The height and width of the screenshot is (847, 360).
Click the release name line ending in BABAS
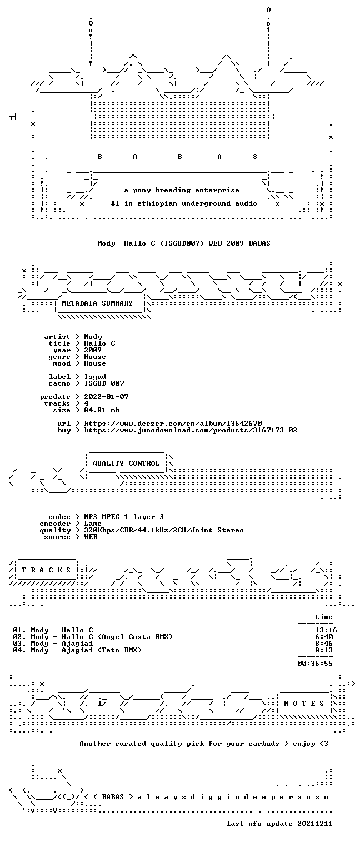pyautogui.click(x=184, y=243)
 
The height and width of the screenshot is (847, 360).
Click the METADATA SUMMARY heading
pyautogui.click(x=97, y=303)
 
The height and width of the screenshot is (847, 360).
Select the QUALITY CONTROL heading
pyautogui.click(x=126, y=463)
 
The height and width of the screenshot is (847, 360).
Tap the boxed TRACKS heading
pyautogui.click(x=47, y=570)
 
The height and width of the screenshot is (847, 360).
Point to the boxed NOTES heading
pyautogui.click(x=304, y=703)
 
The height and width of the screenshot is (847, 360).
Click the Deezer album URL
pyautogui.click(x=173, y=423)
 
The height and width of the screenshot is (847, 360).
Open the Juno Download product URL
pyautogui.click(x=191, y=430)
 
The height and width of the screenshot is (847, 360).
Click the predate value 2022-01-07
pyautogui.click(x=106, y=397)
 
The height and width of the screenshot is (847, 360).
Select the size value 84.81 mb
pyautogui.click(x=102, y=410)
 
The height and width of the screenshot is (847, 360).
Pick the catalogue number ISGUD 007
pyautogui.click(x=104, y=383)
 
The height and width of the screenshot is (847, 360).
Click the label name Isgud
pyautogui.click(x=95, y=377)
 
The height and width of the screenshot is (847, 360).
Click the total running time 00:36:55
pyautogui.click(x=315, y=664)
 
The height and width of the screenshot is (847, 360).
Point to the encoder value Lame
pyautogui.click(x=93, y=524)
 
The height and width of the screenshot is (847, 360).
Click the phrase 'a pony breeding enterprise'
pyautogui.click(x=182, y=190)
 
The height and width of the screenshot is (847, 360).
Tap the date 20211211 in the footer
pyautogui.click(x=315, y=824)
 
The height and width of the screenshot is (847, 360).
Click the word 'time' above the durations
pyautogui.click(x=324, y=617)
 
